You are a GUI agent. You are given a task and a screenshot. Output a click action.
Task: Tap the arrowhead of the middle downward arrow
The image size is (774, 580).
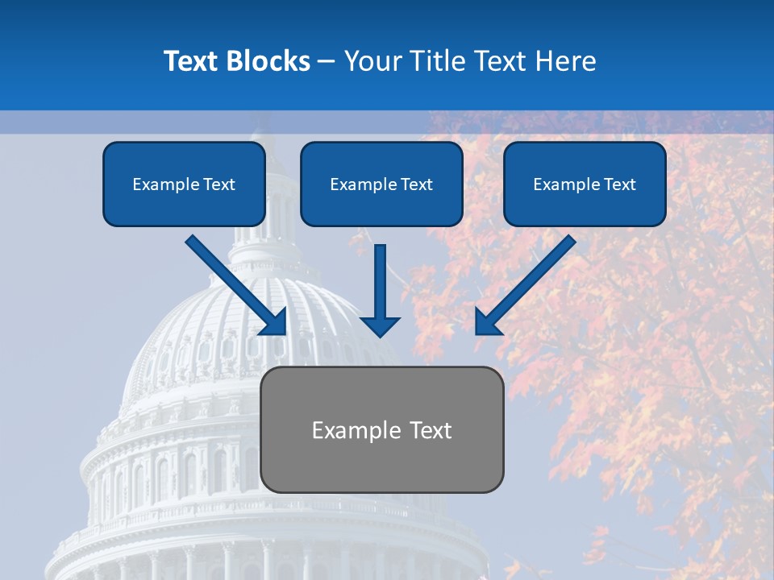point(381,325)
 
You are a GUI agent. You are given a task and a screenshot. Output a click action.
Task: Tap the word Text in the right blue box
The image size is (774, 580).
point(620,184)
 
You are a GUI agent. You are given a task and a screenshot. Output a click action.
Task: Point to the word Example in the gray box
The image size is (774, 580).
point(352,430)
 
